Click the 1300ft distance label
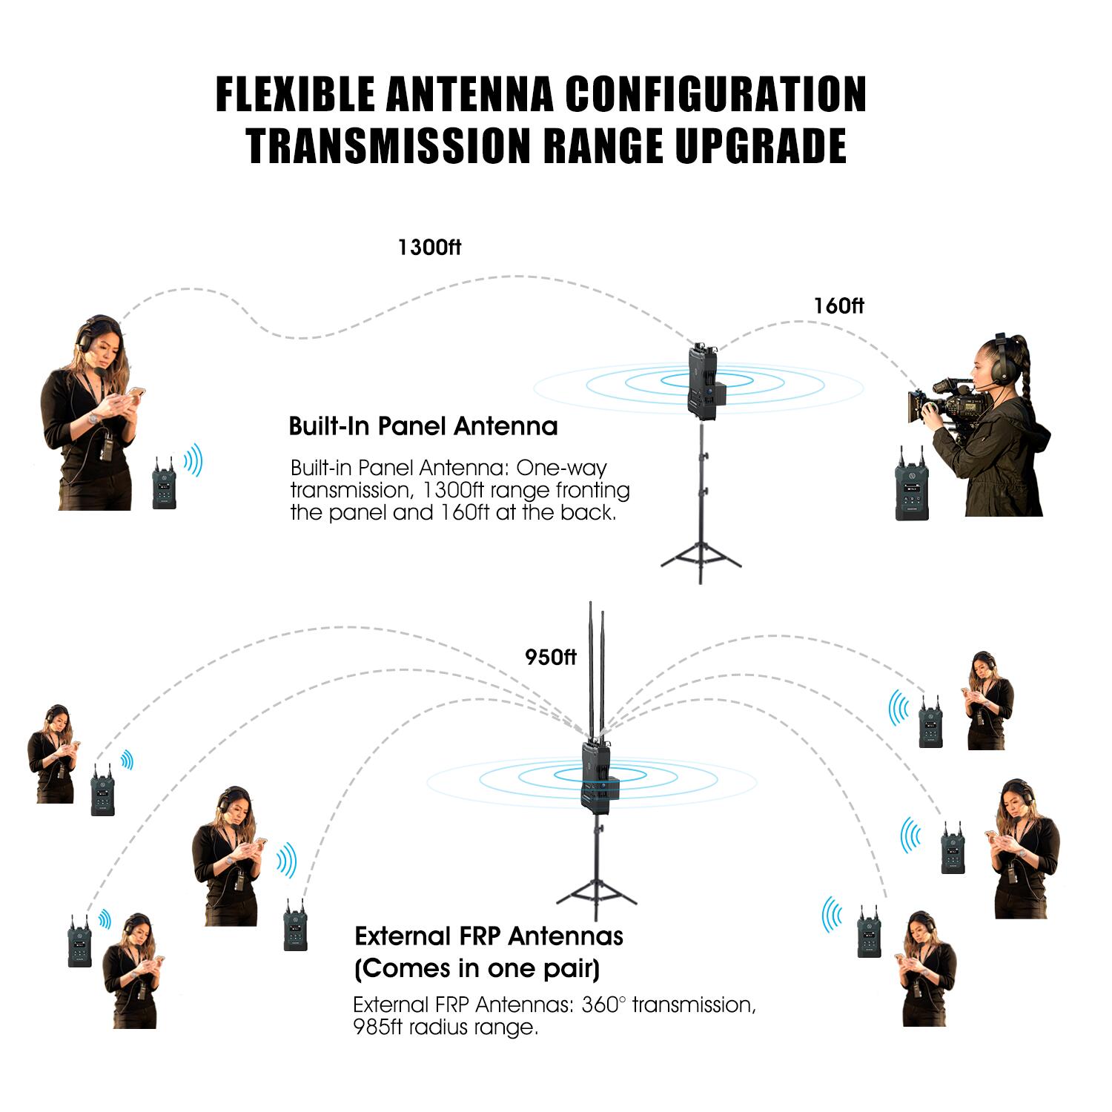(x=429, y=247)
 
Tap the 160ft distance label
(x=838, y=305)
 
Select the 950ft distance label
(x=551, y=657)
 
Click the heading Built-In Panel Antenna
(x=423, y=426)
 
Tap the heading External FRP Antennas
(x=489, y=936)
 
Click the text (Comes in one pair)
(x=477, y=968)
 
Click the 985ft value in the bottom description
(x=380, y=1027)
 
